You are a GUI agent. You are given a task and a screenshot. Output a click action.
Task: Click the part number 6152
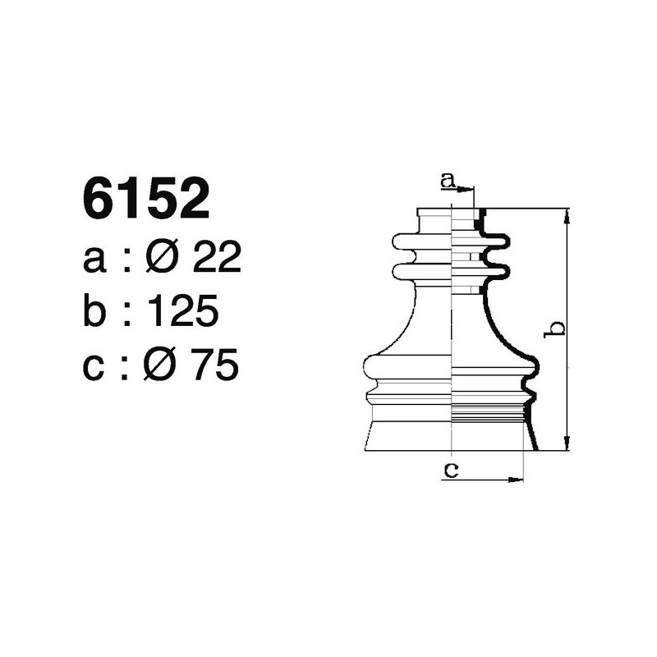(146, 200)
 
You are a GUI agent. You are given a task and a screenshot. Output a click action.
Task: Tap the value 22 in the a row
(216, 259)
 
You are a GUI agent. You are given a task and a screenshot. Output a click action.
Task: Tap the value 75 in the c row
(215, 365)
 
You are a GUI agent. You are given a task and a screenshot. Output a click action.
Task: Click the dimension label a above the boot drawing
(447, 179)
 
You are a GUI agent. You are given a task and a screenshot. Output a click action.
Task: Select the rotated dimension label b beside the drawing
(556, 328)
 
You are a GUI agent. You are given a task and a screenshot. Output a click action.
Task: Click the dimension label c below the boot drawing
(450, 471)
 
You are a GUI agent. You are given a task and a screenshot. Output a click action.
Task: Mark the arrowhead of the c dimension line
(518, 479)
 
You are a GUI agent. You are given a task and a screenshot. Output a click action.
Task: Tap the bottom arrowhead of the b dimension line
(567, 445)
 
